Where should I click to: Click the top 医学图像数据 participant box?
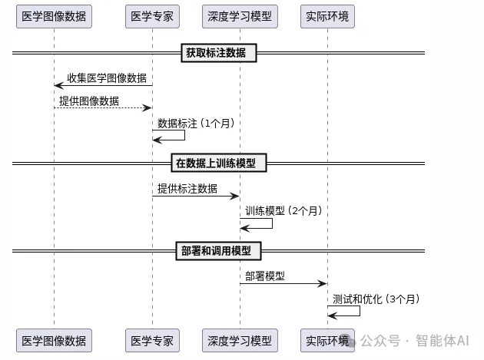54,16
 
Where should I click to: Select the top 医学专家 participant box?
152,16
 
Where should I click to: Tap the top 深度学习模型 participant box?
240,16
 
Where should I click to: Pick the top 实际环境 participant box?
327,16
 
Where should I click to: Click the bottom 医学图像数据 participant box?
54,340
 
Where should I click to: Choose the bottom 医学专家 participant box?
152,340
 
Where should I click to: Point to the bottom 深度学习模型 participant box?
240,340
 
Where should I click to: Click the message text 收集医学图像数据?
107,78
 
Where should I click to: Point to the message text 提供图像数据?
89,101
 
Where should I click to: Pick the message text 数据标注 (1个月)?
196,123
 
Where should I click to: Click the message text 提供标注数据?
187,189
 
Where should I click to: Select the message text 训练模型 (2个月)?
283,210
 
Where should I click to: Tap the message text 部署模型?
265,276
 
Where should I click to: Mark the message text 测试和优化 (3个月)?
376,299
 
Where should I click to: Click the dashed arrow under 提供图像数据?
103,108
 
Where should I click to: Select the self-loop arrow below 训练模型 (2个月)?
257,223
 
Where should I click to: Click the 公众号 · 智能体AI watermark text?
419,340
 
